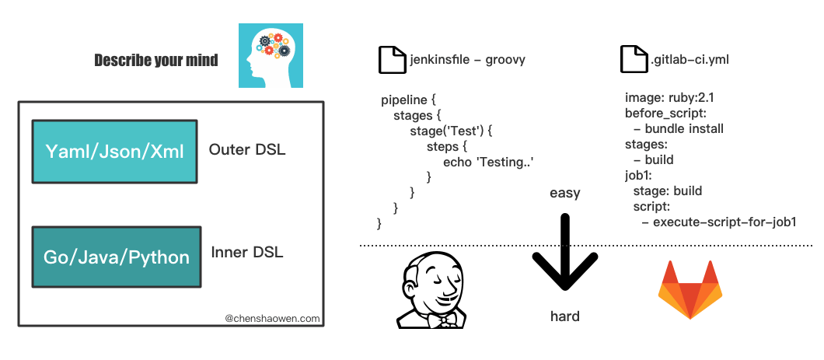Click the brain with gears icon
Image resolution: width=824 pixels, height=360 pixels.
point(271,56)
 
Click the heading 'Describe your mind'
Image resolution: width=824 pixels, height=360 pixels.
point(156,61)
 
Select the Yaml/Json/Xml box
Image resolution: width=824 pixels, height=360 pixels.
point(114,152)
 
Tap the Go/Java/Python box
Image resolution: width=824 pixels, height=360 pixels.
point(116,257)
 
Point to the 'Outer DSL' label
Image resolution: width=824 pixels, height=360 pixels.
point(247,150)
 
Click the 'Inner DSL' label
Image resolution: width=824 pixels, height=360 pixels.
point(247,252)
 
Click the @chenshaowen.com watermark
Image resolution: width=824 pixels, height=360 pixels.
point(272,318)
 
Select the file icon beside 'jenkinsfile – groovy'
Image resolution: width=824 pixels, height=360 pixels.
point(392,59)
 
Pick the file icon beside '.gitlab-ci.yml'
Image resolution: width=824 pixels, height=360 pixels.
point(634,59)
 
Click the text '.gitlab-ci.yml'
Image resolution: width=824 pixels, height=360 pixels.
point(690,59)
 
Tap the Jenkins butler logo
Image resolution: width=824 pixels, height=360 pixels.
point(431,289)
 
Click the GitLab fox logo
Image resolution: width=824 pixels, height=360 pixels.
point(690,289)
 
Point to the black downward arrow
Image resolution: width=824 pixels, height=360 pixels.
point(565,251)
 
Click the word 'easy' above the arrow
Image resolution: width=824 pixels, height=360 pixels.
point(565,194)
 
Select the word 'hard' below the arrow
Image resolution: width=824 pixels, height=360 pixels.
point(565,316)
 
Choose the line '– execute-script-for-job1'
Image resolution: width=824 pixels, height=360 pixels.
point(719,222)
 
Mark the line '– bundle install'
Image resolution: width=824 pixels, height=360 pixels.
point(679,129)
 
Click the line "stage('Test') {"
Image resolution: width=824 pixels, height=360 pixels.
point(450,131)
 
